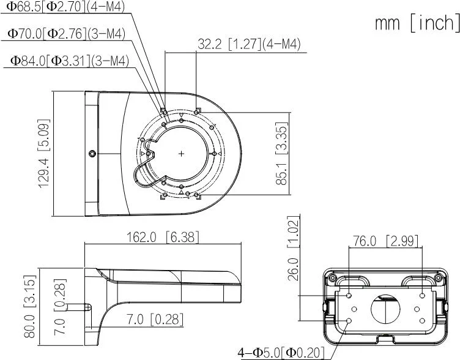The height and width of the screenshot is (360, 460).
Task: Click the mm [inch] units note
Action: tap(417, 23)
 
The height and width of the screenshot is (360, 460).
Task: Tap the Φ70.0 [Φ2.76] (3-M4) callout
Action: tap(67, 34)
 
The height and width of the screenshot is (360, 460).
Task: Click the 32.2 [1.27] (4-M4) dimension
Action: tap(249, 44)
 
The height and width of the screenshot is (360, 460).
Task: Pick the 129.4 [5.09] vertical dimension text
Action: tap(44, 153)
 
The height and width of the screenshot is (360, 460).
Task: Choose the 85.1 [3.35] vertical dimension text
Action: tap(282, 154)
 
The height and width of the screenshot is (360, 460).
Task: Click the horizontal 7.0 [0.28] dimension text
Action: tap(155, 319)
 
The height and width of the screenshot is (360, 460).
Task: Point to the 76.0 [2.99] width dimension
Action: tap(385, 241)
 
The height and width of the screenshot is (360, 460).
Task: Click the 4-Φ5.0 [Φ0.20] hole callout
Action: tap(281, 353)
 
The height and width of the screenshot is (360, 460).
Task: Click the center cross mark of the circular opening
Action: tap(182, 153)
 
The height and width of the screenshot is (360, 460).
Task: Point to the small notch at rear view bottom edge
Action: tap(385, 338)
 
